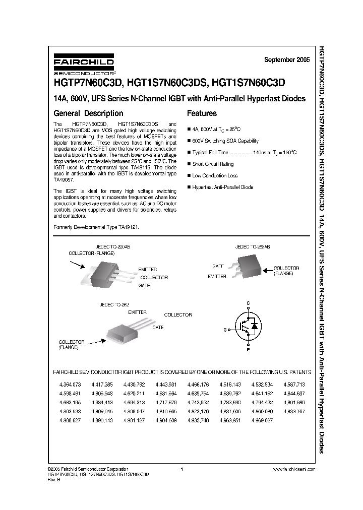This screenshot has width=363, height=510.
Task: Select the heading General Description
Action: pyautogui.click(x=88, y=113)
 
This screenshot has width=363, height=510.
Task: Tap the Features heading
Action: pyautogui.click(x=202, y=113)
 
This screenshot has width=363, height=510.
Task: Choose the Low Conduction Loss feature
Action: pyautogui.click(x=215, y=175)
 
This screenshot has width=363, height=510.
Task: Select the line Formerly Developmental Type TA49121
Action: pyautogui.click(x=96, y=227)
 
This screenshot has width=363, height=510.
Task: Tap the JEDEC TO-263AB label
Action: pyautogui.click(x=253, y=247)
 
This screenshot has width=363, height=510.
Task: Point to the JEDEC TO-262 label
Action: pyautogui.click(x=115, y=305)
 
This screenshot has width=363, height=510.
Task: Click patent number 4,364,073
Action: pyautogui.click(x=63, y=385)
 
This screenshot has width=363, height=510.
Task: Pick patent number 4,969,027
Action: pyautogui.click(x=262, y=420)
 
